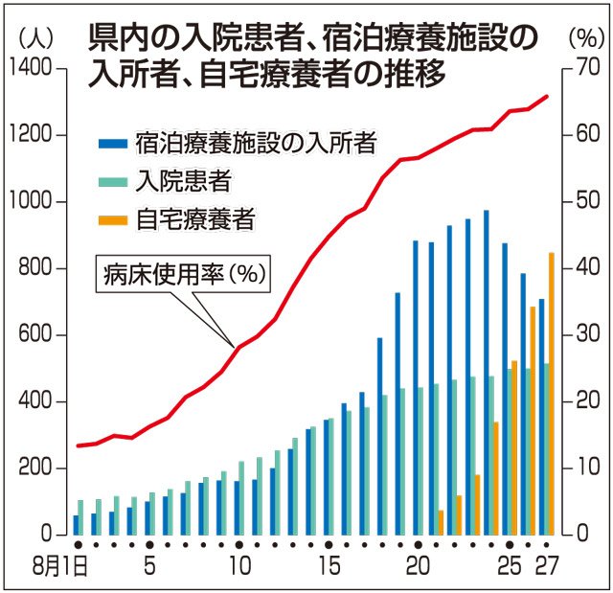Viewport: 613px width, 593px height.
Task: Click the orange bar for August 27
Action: [x=552, y=394]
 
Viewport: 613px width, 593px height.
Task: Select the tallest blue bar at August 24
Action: [x=487, y=373]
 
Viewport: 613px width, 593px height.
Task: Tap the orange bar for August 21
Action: [x=441, y=522]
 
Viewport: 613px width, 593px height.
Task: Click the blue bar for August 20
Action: [x=416, y=388]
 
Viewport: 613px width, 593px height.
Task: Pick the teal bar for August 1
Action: [x=80, y=517]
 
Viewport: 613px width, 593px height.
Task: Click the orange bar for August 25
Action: [x=514, y=447]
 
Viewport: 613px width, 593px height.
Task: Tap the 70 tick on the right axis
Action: [x=567, y=69]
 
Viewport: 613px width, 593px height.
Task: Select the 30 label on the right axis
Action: [x=587, y=334]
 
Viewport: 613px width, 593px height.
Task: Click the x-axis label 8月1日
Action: [x=59, y=566]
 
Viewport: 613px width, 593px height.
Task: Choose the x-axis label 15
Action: [x=329, y=566]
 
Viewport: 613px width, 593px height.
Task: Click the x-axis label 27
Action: [x=547, y=566]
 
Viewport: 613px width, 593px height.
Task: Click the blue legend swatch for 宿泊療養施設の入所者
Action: [x=113, y=144]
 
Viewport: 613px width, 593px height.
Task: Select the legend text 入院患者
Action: [x=183, y=181]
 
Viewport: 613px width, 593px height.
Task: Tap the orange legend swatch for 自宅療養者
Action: [x=113, y=221]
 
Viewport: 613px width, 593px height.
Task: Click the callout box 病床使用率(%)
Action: [x=183, y=274]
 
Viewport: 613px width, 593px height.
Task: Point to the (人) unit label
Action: [x=35, y=39]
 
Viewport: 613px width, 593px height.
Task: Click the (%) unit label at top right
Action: [x=586, y=39]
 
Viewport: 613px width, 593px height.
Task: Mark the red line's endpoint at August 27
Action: [x=547, y=96]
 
